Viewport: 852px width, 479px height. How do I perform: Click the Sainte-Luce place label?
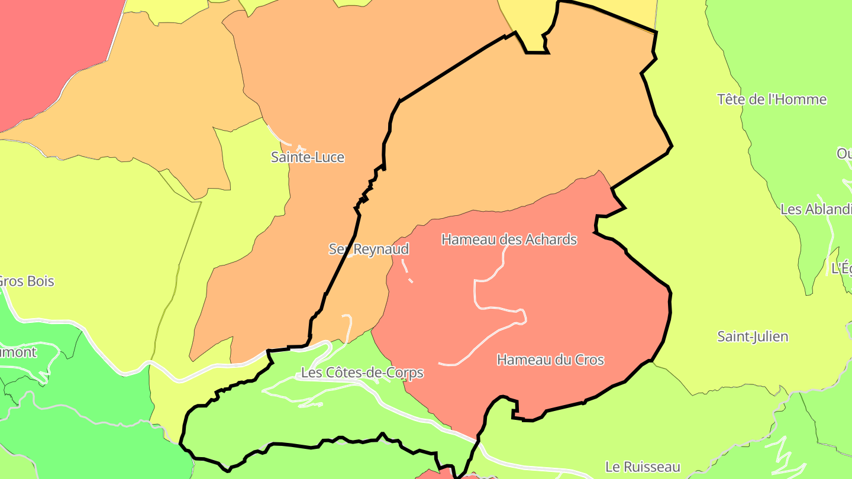[307, 157]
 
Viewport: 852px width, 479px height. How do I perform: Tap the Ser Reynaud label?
[369, 249]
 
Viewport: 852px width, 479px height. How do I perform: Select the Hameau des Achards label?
[509, 239]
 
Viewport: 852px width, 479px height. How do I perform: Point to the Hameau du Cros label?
[550, 360]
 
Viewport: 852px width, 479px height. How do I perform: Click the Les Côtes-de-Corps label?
[362, 373]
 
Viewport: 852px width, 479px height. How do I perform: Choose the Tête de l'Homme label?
[772, 99]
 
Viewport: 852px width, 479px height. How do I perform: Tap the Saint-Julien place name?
[753, 337]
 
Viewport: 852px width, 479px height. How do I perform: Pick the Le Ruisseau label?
[643, 467]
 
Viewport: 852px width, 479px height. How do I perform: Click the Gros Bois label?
[27, 281]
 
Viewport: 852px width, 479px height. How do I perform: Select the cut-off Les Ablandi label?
[816, 209]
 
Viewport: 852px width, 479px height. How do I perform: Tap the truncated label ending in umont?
[18, 352]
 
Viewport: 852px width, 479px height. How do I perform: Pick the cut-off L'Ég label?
[842, 268]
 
